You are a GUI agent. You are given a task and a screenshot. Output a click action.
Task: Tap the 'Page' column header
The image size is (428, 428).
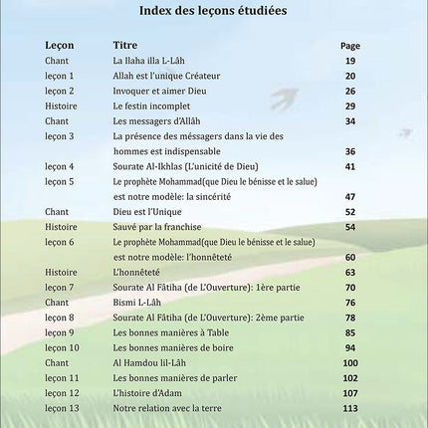click(x=349, y=46)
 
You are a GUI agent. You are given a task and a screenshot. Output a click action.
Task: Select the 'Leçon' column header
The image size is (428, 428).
click(x=59, y=46)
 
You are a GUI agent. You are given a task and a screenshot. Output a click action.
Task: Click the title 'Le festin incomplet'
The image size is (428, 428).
click(x=149, y=106)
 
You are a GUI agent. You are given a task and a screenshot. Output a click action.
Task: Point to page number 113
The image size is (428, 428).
click(x=349, y=409)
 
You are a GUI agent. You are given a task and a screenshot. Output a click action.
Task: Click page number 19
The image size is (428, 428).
click(x=350, y=62)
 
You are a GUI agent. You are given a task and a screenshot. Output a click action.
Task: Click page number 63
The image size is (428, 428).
click(x=350, y=272)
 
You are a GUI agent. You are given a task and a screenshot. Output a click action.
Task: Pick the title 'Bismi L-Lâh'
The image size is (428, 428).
click(x=137, y=302)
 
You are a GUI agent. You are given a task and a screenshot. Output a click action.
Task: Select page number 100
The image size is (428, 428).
click(x=349, y=363)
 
